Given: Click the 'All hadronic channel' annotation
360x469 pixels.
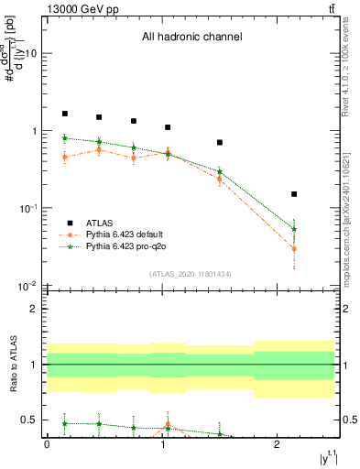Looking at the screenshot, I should tap(191, 38).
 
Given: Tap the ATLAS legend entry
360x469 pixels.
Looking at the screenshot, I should tap(102, 223).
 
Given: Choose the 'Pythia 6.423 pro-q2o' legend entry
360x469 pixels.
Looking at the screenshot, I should tap(126, 245).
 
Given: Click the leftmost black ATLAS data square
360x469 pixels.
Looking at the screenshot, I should tap(64, 114).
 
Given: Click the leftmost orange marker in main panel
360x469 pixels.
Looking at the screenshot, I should tap(64, 157).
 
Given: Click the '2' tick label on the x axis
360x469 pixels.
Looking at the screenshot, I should tap(278, 443).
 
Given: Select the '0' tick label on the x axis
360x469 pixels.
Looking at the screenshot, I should tap(47, 443).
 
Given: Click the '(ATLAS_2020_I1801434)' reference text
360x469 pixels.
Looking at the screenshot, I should tap(191, 274).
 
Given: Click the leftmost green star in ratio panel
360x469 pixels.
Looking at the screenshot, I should tap(64, 423).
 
